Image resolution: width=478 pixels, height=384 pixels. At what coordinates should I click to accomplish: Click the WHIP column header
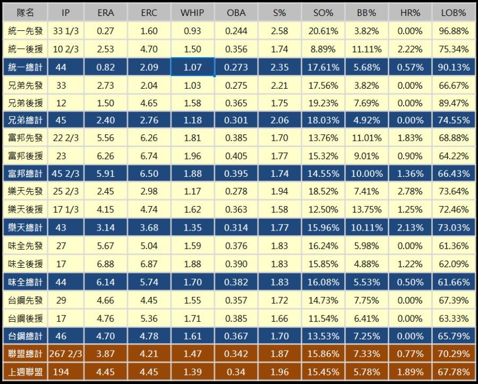pos(192,13)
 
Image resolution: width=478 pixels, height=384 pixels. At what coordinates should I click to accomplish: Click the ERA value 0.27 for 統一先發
pos(106,31)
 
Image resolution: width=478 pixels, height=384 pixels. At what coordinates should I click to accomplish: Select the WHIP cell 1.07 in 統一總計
pos(192,67)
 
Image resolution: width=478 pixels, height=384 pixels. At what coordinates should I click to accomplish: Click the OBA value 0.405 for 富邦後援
pos(236,156)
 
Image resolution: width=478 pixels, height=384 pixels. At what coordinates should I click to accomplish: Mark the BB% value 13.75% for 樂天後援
pos(366,210)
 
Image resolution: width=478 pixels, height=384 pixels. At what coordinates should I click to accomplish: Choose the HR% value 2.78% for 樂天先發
pos(410,192)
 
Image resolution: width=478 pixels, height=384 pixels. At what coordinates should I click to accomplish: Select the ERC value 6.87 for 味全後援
pos(149,264)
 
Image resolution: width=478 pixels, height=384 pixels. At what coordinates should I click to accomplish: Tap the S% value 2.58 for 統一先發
pos(279,31)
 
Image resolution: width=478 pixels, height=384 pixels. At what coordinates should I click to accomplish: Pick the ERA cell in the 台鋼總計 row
pos(106,336)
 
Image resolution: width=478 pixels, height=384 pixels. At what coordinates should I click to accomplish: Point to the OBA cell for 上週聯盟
pos(236,372)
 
